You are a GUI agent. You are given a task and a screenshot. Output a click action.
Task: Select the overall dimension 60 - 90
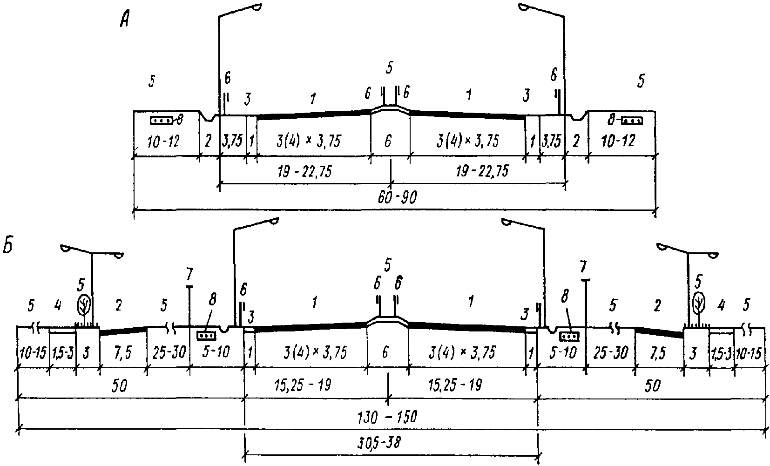click(x=398, y=198)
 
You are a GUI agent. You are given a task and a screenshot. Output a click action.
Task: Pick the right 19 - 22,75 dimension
click(x=482, y=171)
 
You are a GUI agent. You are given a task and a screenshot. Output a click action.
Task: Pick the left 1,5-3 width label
click(x=62, y=353)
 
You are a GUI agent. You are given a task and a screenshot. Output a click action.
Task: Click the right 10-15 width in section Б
click(x=750, y=352)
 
